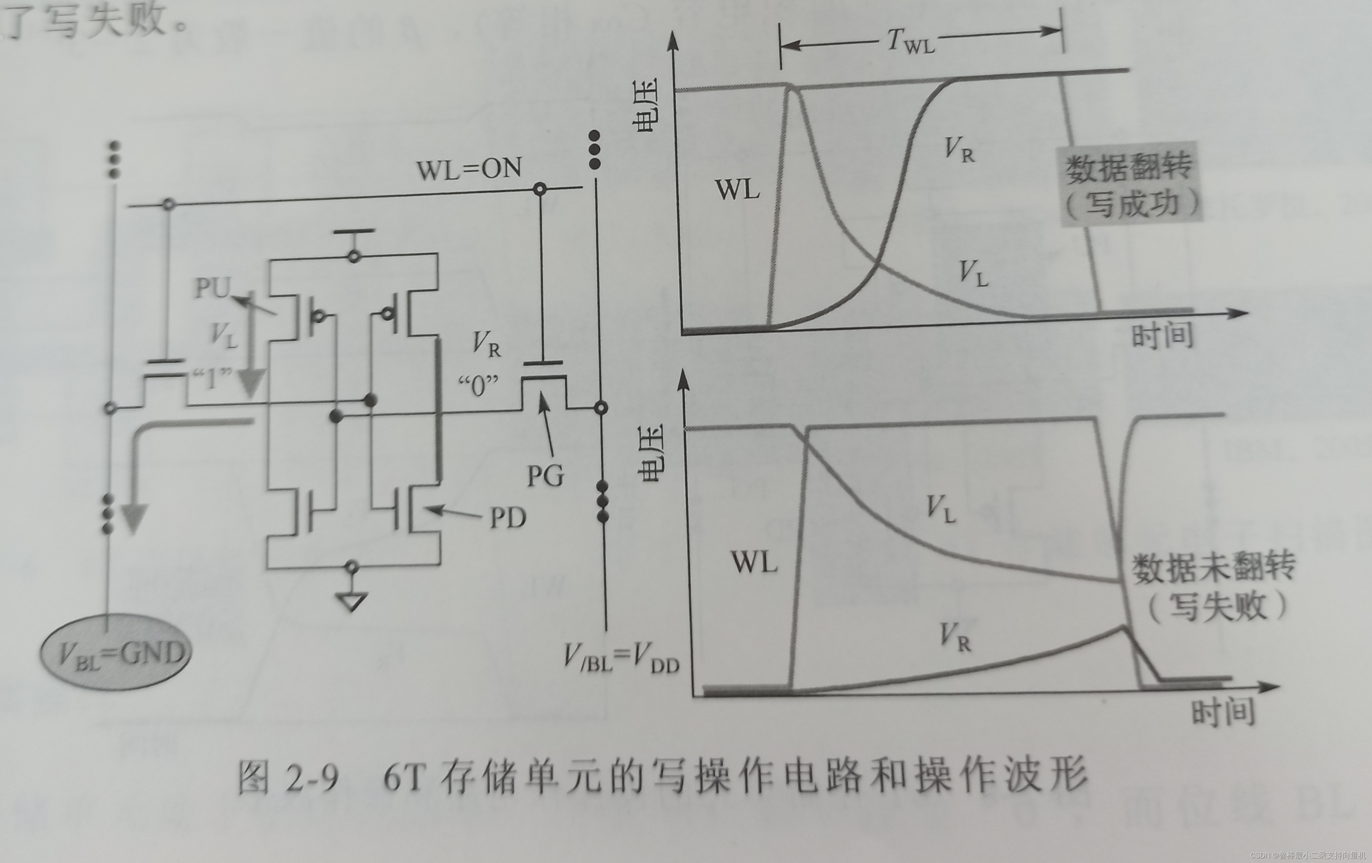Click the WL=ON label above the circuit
point(468,169)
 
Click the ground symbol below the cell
point(352,601)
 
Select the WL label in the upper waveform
point(738,189)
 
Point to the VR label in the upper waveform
point(959,149)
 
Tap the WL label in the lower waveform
point(754,563)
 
